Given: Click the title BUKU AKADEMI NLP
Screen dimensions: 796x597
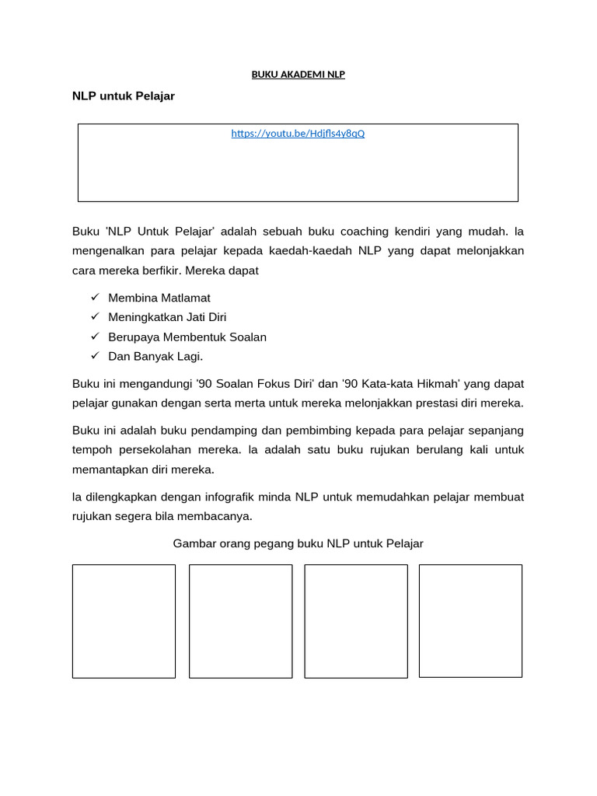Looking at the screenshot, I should pyautogui.click(x=298, y=75).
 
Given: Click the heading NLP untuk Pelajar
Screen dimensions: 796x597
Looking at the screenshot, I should pyautogui.click(x=123, y=96).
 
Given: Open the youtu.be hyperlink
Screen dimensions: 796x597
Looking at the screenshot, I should pyautogui.click(x=298, y=133).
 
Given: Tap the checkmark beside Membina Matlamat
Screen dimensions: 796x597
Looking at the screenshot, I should pyautogui.click(x=95, y=298).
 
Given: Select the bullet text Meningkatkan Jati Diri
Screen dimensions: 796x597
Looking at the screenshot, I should pyautogui.click(x=167, y=317).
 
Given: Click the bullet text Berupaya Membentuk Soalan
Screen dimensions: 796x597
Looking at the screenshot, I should pyautogui.click(x=187, y=337).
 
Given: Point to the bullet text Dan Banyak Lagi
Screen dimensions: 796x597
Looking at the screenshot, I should pyautogui.click(x=155, y=356).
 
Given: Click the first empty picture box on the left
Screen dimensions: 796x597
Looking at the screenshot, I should pyautogui.click(x=124, y=621).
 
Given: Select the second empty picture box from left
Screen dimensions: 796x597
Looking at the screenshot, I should pyautogui.click(x=240, y=621).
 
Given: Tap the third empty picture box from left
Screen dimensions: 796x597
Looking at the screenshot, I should pyautogui.click(x=355, y=621).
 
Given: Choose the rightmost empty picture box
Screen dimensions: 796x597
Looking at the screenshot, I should pyautogui.click(x=470, y=621).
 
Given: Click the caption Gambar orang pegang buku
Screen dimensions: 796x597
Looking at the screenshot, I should pyautogui.click(x=298, y=543).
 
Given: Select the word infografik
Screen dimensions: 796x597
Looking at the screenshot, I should pyautogui.click(x=233, y=497).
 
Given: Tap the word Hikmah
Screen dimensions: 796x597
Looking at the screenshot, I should pyautogui.click(x=435, y=383).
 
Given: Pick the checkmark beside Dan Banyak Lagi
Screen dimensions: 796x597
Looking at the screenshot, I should pyautogui.click(x=95, y=356).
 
